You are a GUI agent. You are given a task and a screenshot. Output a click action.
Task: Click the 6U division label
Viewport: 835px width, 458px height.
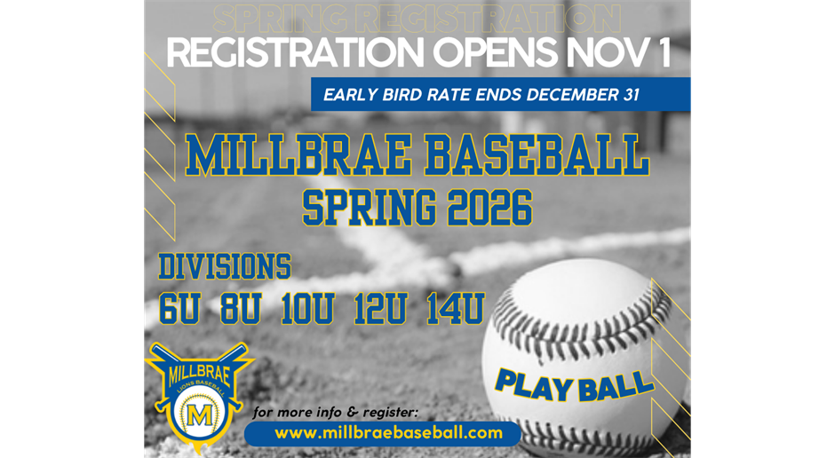179,308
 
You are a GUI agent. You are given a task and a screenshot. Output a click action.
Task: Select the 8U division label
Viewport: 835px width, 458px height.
240,308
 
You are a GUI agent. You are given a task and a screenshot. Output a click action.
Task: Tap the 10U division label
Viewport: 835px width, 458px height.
307,308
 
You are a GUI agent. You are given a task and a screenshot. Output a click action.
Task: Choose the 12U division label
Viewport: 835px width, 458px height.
380,308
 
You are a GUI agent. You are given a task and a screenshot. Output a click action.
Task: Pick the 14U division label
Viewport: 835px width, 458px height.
454,308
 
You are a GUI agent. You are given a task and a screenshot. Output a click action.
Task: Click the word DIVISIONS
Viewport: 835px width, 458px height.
225,266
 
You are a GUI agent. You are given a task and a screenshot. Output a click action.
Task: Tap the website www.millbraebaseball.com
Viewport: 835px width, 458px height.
383,433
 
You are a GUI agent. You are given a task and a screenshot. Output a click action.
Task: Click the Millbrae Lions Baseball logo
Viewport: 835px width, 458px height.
199,391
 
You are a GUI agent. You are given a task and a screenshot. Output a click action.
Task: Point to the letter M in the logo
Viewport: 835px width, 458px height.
201,415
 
